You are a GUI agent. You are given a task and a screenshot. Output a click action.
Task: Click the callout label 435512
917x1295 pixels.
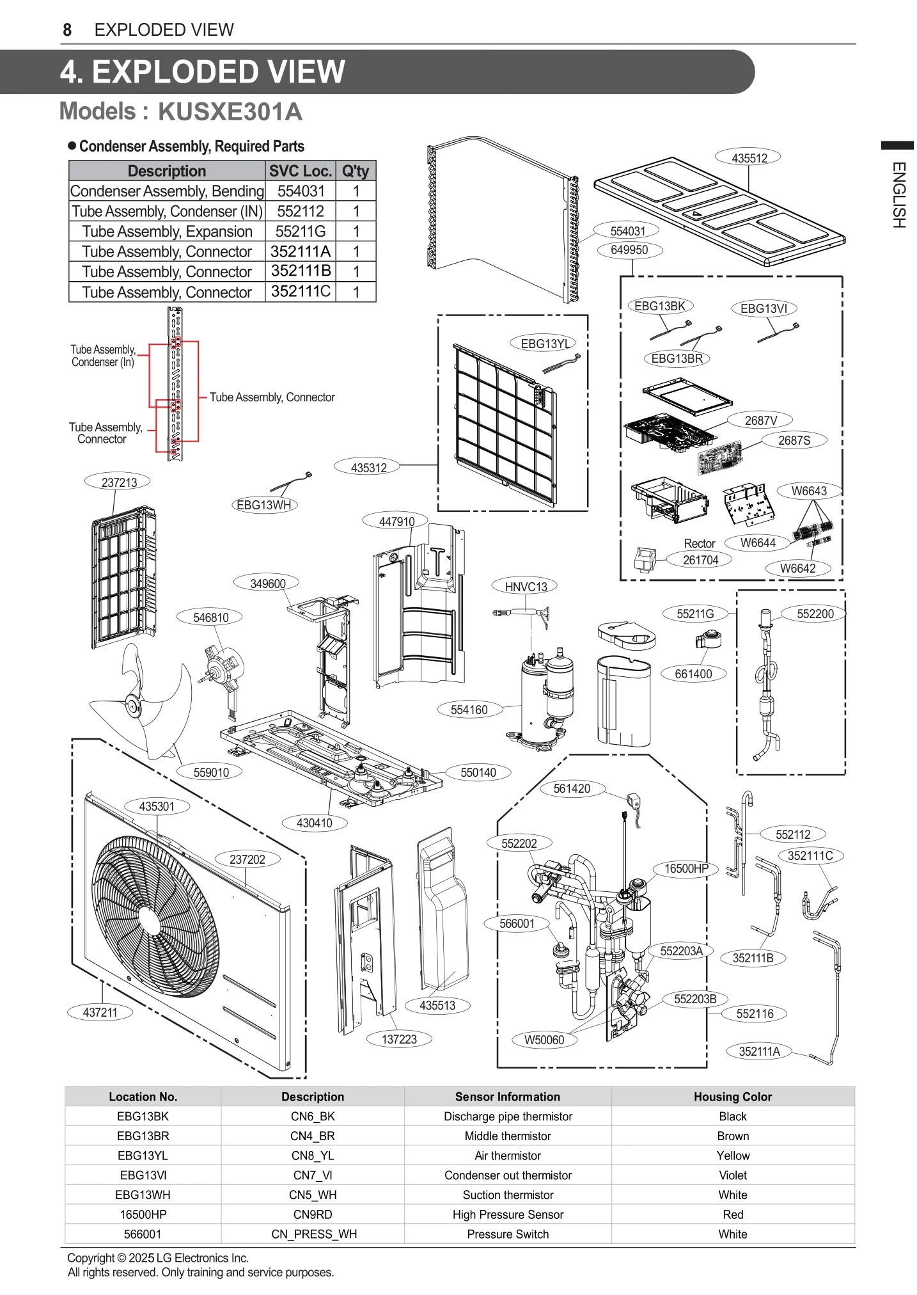click(x=749, y=158)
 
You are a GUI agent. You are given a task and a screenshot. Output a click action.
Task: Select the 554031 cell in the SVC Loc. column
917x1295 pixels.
click(x=301, y=191)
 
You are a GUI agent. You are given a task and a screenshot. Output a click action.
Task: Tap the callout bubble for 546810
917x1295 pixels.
click(x=211, y=617)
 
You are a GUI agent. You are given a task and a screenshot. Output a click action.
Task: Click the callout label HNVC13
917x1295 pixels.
click(x=526, y=586)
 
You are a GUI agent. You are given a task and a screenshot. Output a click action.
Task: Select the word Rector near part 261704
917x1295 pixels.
click(x=699, y=543)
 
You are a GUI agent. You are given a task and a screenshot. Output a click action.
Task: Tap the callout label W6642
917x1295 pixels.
click(x=797, y=568)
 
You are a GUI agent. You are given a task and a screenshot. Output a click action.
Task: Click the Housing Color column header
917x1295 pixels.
click(x=732, y=1097)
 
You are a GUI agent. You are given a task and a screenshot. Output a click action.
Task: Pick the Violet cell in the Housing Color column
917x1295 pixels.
click(x=732, y=1175)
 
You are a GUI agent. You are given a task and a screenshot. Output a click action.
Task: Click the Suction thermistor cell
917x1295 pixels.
click(x=508, y=1195)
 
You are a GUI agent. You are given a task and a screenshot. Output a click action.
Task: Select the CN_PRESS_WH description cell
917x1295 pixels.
click(x=313, y=1234)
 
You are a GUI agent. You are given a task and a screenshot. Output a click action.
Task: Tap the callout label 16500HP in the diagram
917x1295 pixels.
click(x=686, y=868)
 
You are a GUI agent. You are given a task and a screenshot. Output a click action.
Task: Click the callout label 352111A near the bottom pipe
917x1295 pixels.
click(x=759, y=1051)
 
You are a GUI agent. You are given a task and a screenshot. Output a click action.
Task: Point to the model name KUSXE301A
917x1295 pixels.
click(x=230, y=112)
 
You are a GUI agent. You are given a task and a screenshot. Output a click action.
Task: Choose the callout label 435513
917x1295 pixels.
click(x=437, y=1005)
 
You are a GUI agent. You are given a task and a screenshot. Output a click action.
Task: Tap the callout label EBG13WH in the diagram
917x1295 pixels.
click(x=263, y=505)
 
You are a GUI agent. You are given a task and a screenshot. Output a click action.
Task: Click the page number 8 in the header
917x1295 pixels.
click(x=67, y=30)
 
